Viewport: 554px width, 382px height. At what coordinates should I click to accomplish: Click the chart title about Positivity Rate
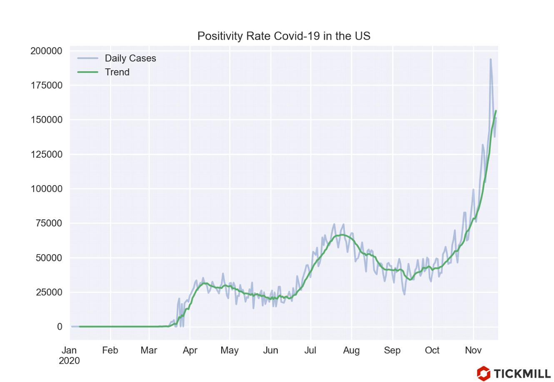(284, 36)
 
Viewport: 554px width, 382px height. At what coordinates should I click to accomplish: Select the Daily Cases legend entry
(130, 58)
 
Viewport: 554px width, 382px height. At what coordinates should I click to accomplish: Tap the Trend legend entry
(117, 72)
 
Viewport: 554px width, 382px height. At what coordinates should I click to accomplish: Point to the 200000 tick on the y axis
(46, 51)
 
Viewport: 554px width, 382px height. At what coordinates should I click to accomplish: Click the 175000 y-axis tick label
(46, 85)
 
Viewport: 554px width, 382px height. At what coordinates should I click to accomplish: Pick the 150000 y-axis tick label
(46, 120)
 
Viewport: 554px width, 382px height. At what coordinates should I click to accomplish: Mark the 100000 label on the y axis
(46, 189)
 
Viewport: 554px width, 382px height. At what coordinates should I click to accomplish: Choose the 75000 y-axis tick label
(48, 224)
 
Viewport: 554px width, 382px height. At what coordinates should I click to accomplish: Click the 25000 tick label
(48, 292)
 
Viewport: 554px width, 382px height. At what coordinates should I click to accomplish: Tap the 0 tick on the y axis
(60, 327)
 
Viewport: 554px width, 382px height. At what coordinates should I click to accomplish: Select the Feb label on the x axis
(110, 350)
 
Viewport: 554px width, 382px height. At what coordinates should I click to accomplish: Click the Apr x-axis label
(190, 350)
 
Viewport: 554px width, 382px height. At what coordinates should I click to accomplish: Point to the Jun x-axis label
(271, 350)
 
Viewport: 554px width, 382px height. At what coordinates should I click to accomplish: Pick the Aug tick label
(352, 350)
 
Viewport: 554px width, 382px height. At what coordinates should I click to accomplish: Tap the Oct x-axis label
(432, 350)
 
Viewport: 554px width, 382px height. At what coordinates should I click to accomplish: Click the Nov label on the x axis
(473, 350)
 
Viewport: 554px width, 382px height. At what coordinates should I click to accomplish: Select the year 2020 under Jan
(69, 361)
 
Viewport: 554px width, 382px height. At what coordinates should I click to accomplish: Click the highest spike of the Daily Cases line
(491, 59)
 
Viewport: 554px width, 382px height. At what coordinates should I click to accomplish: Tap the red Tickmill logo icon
(483, 373)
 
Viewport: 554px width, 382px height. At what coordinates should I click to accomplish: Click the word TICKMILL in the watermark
(522, 373)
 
